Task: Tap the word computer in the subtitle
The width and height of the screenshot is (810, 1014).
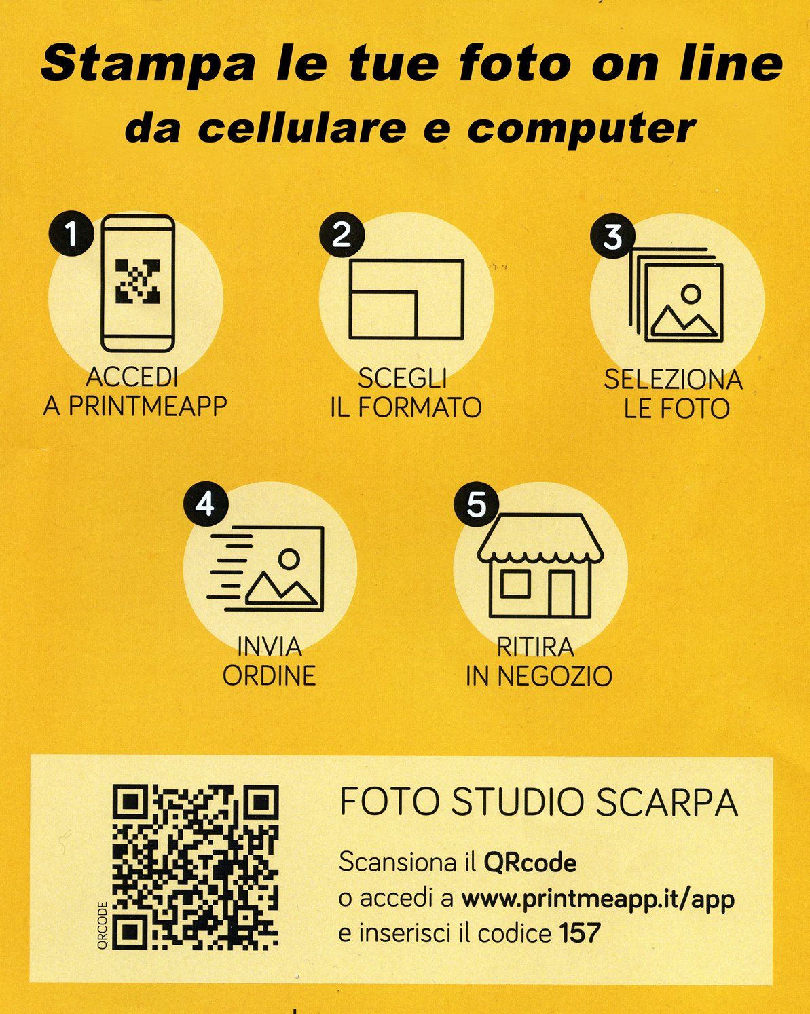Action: pyautogui.click(x=582, y=129)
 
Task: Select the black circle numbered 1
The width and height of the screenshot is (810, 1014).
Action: pyautogui.click(x=72, y=233)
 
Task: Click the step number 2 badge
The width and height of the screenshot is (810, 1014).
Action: pyautogui.click(x=342, y=234)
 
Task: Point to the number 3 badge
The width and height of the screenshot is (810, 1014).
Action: pyautogui.click(x=612, y=236)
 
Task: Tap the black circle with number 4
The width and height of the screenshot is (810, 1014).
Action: pyautogui.click(x=206, y=504)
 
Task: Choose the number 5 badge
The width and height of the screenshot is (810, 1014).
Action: pyautogui.click(x=476, y=504)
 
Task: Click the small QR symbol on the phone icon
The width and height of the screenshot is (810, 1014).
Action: pyautogui.click(x=138, y=282)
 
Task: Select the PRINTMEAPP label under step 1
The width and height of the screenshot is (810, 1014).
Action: pyautogui.click(x=148, y=406)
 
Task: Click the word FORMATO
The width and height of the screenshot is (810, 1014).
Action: pyautogui.click(x=420, y=407)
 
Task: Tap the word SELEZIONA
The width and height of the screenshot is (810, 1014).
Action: pyautogui.click(x=674, y=380)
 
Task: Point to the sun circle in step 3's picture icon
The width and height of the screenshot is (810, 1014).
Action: pyautogui.click(x=691, y=294)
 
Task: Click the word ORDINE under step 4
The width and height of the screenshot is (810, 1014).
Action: pyautogui.click(x=270, y=676)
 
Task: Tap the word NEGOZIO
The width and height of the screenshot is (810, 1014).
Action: pyautogui.click(x=555, y=676)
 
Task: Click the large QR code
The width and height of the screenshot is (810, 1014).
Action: pyautogui.click(x=196, y=867)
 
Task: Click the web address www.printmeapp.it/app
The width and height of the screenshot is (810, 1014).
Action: pyautogui.click(x=598, y=899)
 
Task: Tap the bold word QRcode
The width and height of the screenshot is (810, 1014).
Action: pyautogui.click(x=530, y=863)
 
